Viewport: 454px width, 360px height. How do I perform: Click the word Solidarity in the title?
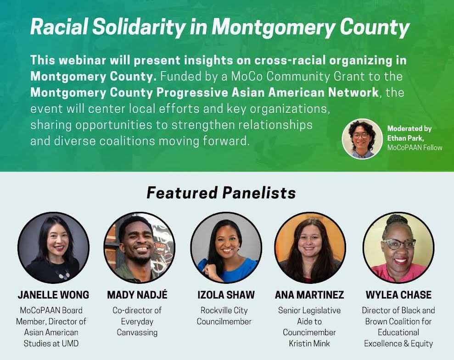coord(139,27)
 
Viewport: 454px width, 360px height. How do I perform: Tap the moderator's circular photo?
coord(362,139)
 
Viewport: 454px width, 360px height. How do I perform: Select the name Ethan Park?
coord(405,138)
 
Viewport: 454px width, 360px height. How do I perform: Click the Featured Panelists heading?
coord(221,193)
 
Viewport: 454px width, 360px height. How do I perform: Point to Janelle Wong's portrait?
coord(54,248)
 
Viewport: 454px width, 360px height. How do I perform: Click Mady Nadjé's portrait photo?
coord(139,248)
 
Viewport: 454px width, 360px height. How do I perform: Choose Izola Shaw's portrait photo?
coord(226,248)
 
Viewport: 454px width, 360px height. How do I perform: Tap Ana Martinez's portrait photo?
coord(310,248)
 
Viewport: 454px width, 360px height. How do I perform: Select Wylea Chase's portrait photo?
coord(399,248)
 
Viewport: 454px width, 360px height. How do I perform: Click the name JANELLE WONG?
coord(54,295)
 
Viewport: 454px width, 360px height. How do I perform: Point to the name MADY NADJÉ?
coord(137,295)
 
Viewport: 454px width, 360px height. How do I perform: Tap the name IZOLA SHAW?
coord(226,295)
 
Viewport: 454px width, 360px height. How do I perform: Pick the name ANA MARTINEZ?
coord(309,295)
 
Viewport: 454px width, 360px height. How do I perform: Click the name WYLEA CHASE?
coord(399,295)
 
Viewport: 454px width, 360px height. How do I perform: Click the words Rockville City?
coord(224,310)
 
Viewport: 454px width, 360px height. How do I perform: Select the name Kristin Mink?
coord(309,343)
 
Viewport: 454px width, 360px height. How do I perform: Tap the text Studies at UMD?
coord(51,343)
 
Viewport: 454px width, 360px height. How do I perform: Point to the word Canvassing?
coord(137,332)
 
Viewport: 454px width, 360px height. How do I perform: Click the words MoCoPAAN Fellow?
coord(415,148)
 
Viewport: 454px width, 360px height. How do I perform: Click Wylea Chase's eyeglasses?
coord(399,244)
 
